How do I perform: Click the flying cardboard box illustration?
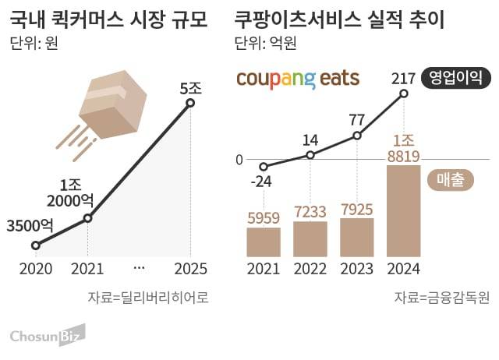pos(108,108)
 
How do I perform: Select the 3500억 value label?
pos(30,227)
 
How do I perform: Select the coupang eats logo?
pos(297,79)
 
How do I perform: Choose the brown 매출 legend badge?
pos(451,180)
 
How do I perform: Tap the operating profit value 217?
pos(403,77)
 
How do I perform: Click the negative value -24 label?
pos(263,182)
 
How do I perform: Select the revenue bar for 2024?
pos(403,210)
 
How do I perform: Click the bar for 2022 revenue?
pos(310,238)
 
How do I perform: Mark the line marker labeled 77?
pos(357,136)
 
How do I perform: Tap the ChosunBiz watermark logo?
pos(47,335)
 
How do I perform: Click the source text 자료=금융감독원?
pos(441,297)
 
